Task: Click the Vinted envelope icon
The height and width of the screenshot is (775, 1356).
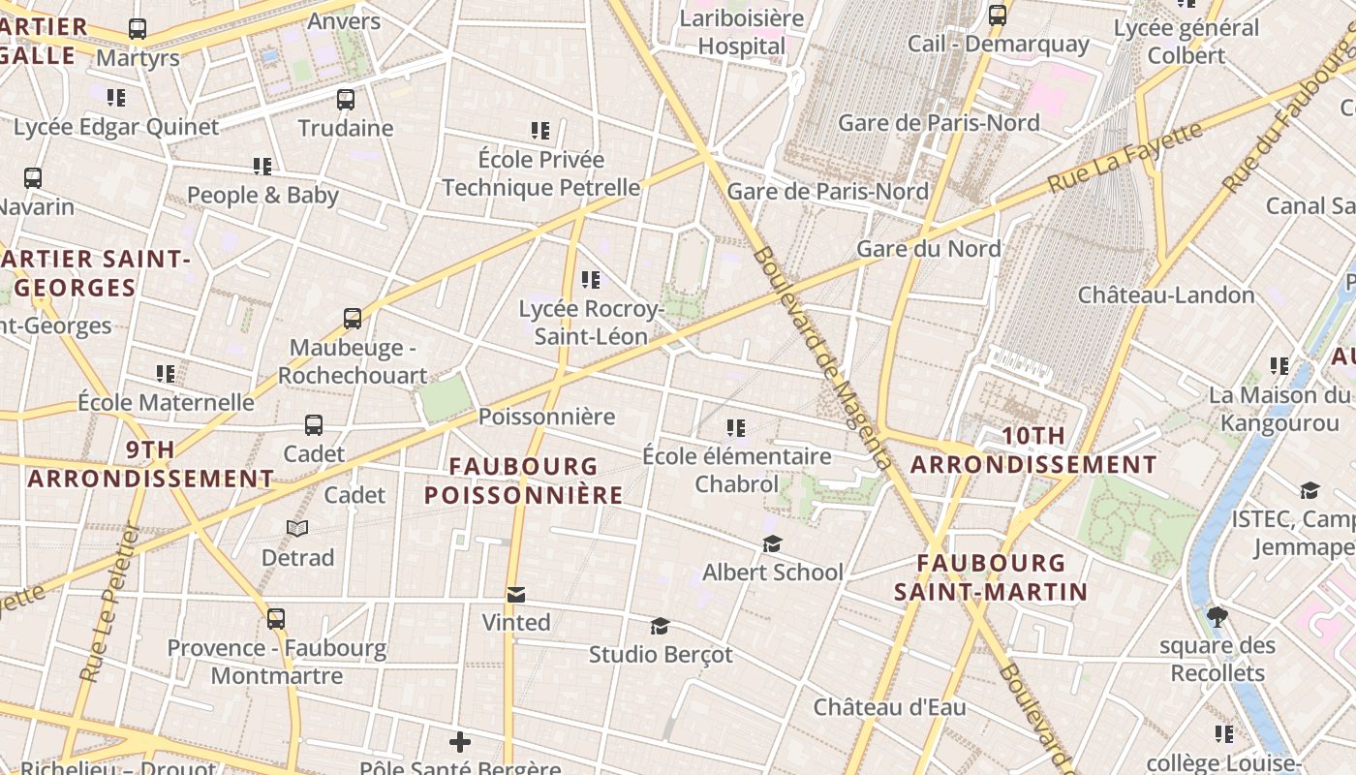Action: [x=516, y=594]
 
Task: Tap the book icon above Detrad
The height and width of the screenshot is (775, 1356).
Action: [x=297, y=529]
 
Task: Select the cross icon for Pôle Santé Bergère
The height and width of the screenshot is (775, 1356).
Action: [x=460, y=743]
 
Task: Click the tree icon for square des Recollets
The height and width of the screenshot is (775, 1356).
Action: [x=1217, y=617]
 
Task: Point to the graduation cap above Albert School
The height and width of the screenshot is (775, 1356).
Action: [x=772, y=544]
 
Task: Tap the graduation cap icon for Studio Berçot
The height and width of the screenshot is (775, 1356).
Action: [x=660, y=627]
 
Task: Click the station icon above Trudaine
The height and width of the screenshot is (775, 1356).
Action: [x=346, y=100]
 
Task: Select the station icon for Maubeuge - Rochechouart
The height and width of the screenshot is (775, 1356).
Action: [x=353, y=319]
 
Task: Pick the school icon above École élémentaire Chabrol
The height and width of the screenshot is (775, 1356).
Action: [x=736, y=428]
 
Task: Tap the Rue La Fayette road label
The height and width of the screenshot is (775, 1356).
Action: [x=1125, y=156]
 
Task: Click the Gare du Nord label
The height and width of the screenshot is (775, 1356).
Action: [x=928, y=249]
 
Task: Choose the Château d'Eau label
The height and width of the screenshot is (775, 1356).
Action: [x=889, y=707]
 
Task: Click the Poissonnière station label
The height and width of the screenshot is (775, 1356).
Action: [x=547, y=417]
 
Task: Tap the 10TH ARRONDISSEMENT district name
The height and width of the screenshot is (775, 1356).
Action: [x=1033, y=450]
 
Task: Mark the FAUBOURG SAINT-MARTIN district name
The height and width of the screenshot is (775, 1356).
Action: [x=990, y=577]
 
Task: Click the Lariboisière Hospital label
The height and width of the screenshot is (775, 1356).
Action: [x=742, y=32]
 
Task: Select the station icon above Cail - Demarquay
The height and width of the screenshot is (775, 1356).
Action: [x=998, y=15]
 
